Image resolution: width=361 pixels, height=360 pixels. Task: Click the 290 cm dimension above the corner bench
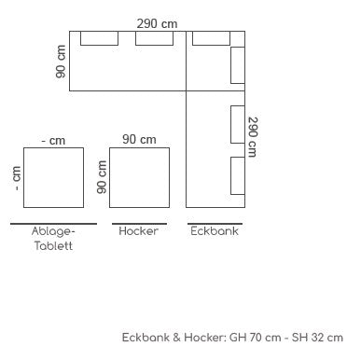pos(157,23)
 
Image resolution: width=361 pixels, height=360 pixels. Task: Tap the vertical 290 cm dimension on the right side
pos(253,137)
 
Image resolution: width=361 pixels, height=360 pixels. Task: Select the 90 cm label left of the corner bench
pos(61,62)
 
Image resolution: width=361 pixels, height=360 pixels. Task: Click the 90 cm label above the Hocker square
pos(139,139)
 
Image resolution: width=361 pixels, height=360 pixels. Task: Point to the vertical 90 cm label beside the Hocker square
pos(102,177)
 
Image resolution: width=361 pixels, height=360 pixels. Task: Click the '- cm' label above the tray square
pos(53,141)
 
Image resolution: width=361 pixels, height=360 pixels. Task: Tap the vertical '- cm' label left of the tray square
pos(16,178)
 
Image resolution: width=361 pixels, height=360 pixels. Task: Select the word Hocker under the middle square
pos(139,231)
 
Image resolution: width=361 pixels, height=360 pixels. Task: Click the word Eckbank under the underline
pos(215,231)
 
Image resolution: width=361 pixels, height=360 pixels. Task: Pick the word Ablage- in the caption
pos(53,231)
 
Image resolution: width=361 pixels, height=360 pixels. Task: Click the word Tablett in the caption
pos(53,246)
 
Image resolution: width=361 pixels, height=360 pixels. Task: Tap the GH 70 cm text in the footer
pos(255,338)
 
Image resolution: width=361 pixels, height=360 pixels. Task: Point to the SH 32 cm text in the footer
pos(317,338)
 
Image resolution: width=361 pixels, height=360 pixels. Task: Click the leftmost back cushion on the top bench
pos(100,38)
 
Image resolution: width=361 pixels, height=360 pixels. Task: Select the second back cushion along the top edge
pos(155,38)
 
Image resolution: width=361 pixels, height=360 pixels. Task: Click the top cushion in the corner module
pos(211,38)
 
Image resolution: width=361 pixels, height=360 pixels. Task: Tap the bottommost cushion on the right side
pos(238,175)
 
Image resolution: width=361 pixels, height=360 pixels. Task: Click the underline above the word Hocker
pos(139,224)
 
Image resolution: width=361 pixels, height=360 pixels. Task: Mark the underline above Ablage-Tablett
pos(53,224)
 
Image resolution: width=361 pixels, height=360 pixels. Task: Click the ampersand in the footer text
pos(176,338)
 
